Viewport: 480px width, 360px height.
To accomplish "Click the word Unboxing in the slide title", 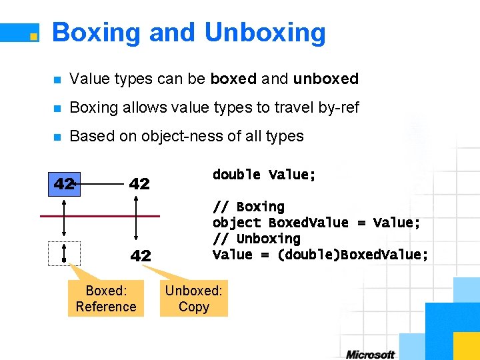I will [265, 33].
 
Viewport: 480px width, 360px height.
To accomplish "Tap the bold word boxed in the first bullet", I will [233, 79].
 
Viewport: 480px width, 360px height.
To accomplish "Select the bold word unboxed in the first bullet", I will [326, 79].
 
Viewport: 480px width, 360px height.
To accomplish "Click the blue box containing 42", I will [64, 183].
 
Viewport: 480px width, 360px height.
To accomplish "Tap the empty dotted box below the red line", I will [64, 253].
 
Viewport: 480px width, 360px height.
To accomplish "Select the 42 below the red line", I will [140, 255].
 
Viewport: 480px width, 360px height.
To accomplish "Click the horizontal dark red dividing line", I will [100, 216].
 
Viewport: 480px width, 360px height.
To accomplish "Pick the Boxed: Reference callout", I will [105, 299].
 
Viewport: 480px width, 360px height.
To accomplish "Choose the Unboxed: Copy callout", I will [194, 299].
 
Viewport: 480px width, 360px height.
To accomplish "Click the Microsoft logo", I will [370, 355].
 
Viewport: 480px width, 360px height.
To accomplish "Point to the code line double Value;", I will [264, 175].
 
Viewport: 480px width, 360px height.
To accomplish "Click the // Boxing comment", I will [248, 207].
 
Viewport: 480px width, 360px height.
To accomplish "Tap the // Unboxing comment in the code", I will [256, 239].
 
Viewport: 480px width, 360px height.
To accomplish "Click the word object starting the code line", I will [237, 223].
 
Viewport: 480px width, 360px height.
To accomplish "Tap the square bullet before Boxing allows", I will [57, 108].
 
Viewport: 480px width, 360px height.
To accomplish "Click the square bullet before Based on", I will [57, 137].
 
